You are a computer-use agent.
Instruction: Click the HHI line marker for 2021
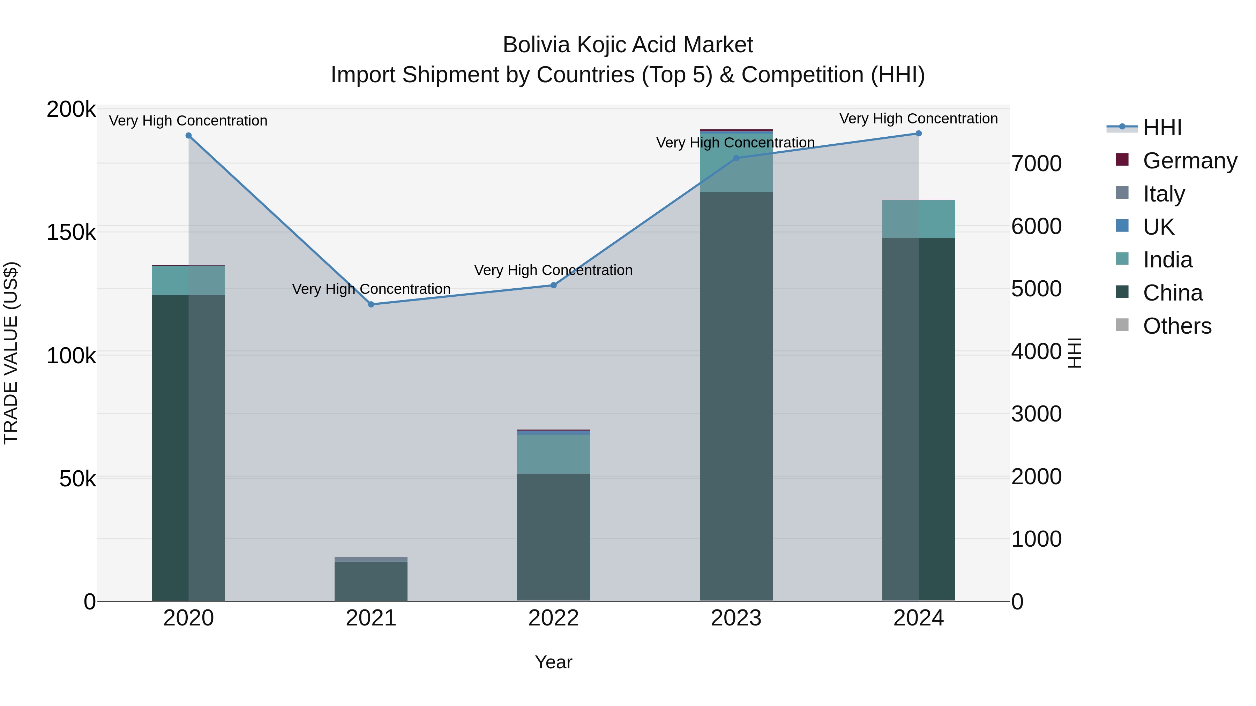pyautogui.click(x=371, y=304)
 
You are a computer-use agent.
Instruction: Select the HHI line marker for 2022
pyautogui.click(x=553, y=285)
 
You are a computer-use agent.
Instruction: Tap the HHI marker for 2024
pyautogui.click(x=919, y=134)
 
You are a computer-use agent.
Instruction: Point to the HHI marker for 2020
pyautogui.click(x=189, y=136)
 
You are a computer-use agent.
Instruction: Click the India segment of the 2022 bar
pyautogui.click(x=553, y=454)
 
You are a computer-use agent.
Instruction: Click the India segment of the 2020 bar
pyautogui.click(x=189, y=281)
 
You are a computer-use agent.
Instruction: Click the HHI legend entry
pyautogui.click(x=1162, y=128)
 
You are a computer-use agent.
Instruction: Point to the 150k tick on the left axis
pyautogui.click(x=71, y=233)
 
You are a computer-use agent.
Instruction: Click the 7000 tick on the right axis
pyautogui.click(x=1037, y=164)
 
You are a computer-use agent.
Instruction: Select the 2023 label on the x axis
pyautogui.click(x=736, y=618)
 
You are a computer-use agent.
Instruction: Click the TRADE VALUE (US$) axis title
pyautogui.click(x=11, y=353)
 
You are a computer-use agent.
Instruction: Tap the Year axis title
pyautogui.click(x=553, y=662)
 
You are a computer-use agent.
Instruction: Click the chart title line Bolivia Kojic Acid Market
pyautogui.click(x=628, y=45)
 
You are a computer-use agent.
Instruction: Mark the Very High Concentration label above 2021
pyautogui.click(x=371, y=289)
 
